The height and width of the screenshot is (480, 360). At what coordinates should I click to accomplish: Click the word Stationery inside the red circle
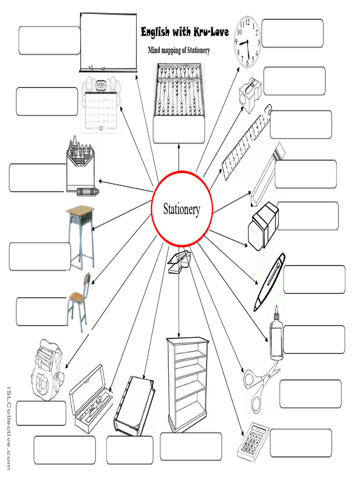pyautogui.click(x=181, y=209)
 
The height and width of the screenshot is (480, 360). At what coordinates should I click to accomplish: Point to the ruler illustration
pyautogui.click(x=247, y=143)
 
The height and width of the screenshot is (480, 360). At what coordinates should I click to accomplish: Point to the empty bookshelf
pyautogui.click(x=187, y=384)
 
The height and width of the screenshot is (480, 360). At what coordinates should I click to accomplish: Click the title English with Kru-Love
pyautogui.click(x=185, y=32)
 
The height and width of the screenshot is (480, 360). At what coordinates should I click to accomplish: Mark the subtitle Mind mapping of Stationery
pyautogui.click(x=179, y=50)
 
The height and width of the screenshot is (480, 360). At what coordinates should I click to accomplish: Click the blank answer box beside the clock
pyautogui.click(x=292, y=33)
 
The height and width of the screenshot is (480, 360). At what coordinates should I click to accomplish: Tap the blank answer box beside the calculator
pyautogui.click(x=300, y=443)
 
